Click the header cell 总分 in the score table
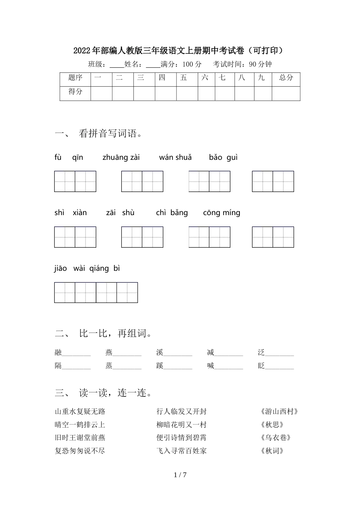[x=286, y=78]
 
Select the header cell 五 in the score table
[x=184, y=78]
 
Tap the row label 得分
[x=75, y=92]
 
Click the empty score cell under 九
[x=263, y=94]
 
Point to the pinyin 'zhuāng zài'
[x=121, y=158]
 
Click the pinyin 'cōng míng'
[x=222, y=213]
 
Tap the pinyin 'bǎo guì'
[x=223, y=158]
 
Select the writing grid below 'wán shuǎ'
[x=210, y=181]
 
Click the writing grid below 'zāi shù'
[x=142, y=237]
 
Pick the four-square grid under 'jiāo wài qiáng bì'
[x=96, y=292]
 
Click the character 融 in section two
[x=58, y=353]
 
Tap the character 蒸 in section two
[x=109, y=366]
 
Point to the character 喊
[x=211, y=366]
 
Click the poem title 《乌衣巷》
[x=276, y=438]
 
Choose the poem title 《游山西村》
[x=280, y=412]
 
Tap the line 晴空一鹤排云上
[x=80, y=425]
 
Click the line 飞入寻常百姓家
[x=182, y=451]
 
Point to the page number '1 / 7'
[x=180, y=475]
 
